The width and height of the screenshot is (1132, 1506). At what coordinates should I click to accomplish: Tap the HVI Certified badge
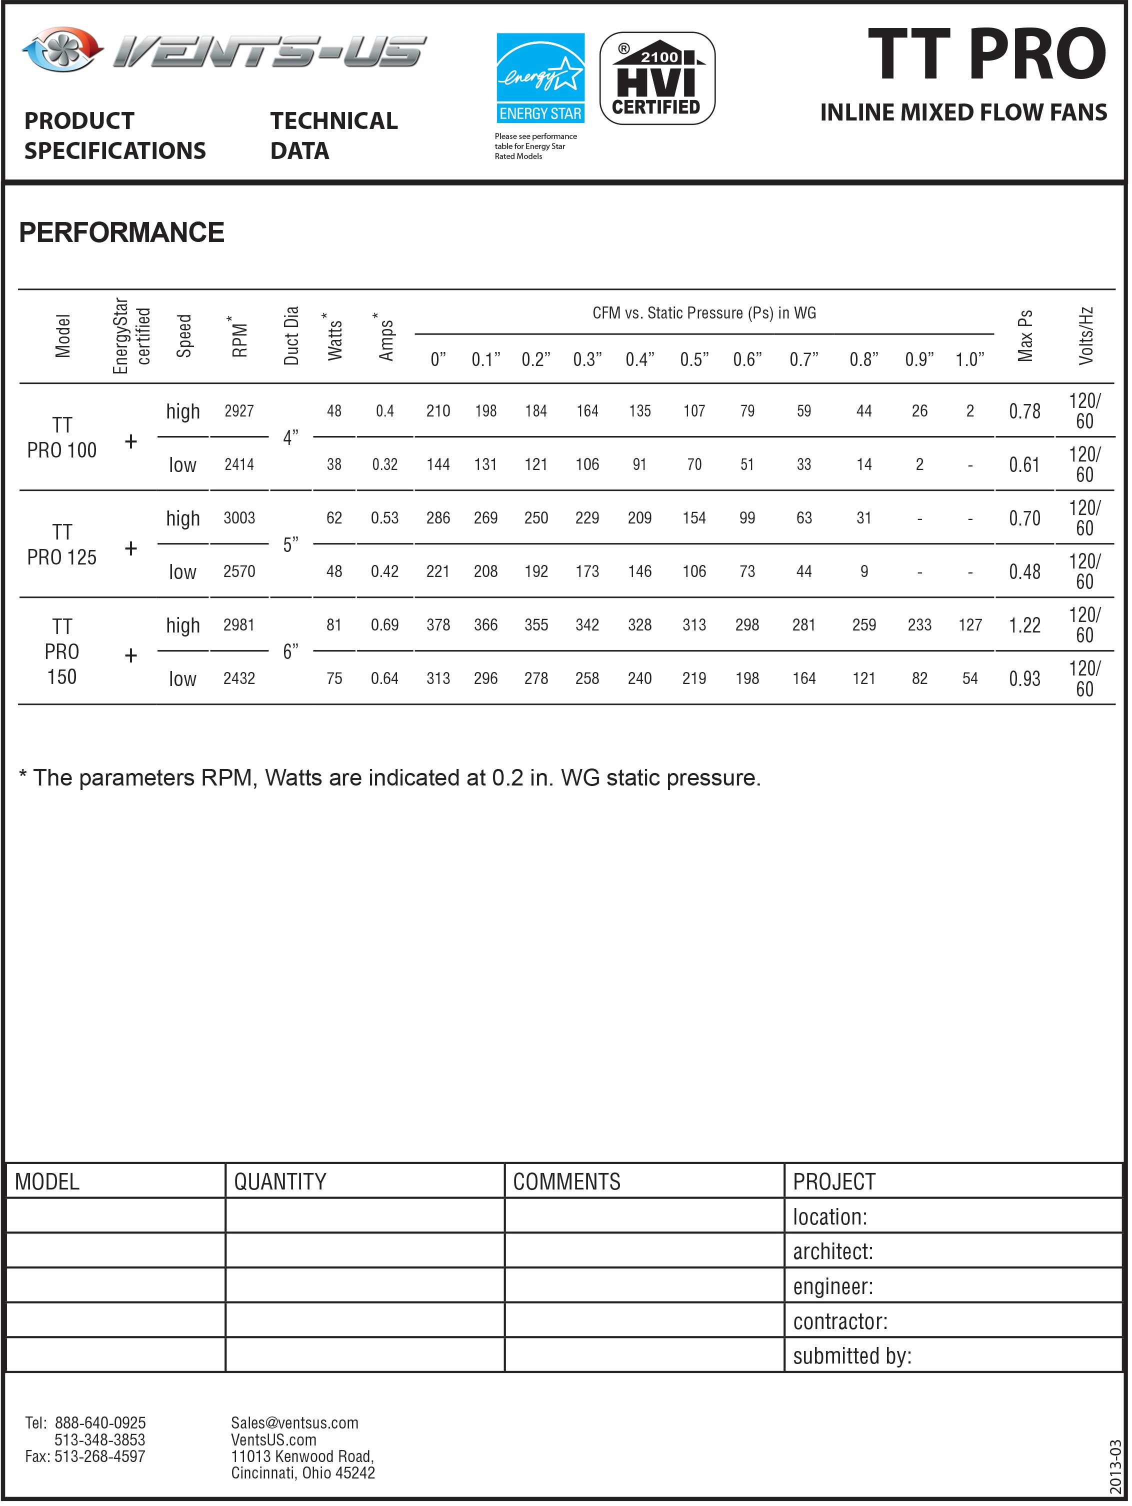click(x=657, y=78)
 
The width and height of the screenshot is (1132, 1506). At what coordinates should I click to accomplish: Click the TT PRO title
click(x=986, y=55)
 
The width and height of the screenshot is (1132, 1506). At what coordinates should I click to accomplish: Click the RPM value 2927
click(x=239, y=411)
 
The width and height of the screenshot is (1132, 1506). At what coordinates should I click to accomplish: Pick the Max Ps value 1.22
click(x=1024, y=625)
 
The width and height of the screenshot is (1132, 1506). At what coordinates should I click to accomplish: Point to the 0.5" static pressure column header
click(x=694, y=359)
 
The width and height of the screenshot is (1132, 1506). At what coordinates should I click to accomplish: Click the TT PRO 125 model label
click(x=62, y=544)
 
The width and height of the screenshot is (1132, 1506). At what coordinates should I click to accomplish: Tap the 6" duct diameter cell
click(x=290, y=651)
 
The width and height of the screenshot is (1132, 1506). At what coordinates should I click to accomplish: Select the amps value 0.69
click(x=384, y=625)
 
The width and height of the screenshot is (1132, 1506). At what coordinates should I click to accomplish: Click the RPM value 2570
click(x=239, y=572)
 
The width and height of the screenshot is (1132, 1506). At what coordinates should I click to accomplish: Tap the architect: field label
click(x=832, y=1252)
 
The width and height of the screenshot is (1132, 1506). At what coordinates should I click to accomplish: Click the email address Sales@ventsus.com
click(x=294, y=1423)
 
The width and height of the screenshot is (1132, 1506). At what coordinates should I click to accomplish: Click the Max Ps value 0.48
click(x=1024, y=572)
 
